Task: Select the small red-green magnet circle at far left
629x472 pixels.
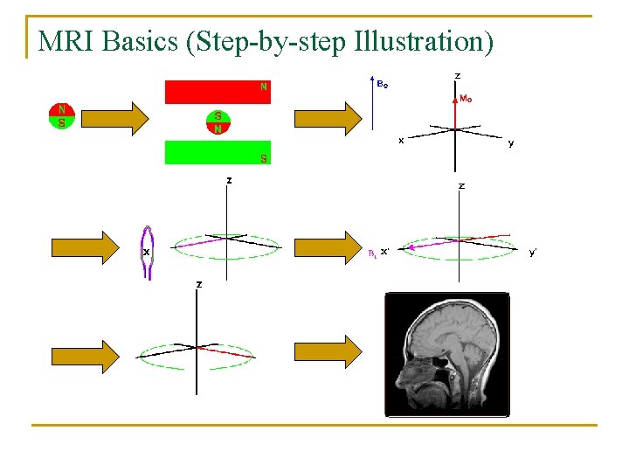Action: [61, 116]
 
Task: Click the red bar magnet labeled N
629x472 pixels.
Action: [218, 92]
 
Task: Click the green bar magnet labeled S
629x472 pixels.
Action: [218, 152]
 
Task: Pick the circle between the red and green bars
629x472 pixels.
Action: [218, 121]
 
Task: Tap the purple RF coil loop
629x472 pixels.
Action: [149, 253]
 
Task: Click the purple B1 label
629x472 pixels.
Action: [371, 253]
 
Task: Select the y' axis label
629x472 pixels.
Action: [533, 253]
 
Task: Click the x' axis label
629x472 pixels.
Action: [385, 252]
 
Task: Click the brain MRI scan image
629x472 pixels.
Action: [447, 353]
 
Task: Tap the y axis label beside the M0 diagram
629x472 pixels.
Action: [511, 143]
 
